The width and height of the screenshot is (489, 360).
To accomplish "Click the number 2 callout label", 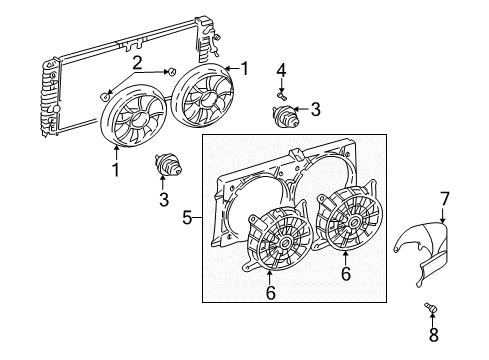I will pyautogui.click(x=139, y=63).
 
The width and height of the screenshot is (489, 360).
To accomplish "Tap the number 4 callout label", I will pyautogui.click(x=281, y=69).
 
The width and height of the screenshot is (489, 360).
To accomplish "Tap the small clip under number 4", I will pyautogui.click(x=282, y=92).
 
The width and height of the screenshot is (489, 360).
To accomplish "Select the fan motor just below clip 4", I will pyautogui.click(x=285, y=114).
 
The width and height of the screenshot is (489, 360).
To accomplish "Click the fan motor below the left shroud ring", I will pyautogui.click(x=167, y=164).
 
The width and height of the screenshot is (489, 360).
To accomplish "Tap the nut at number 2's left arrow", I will pyautogui.click(x=107, y=95).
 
